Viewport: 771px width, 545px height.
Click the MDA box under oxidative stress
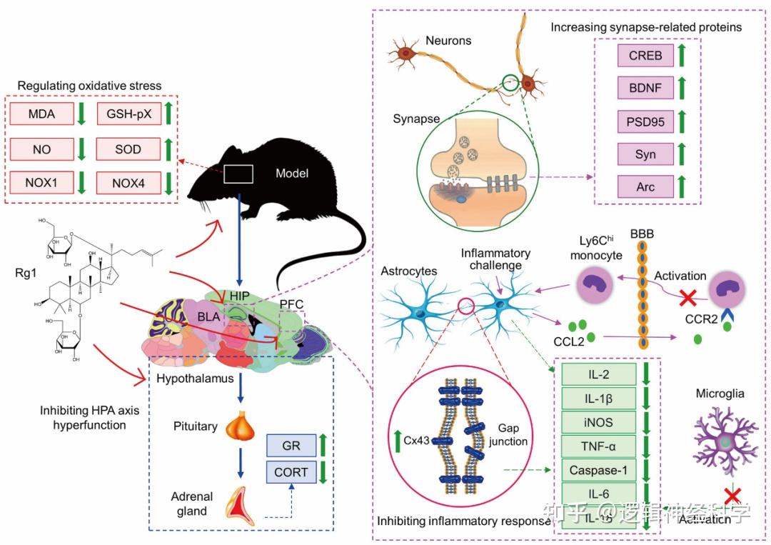pyautogui.click(x=42, y=113)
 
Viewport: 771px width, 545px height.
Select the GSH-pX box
pyautogui.click(x=129, y=113)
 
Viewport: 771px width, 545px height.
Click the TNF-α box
pyautogui.click(x=598, y=446)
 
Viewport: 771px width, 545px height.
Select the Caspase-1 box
pyautogui.click(x=598, y=471)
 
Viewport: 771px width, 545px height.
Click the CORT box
pyautogui.click(x=291, y=472)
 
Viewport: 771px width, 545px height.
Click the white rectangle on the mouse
pyautogui.click(x=239, y=174)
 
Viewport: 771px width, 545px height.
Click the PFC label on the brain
pyautogui.click(x=291, y=304)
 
